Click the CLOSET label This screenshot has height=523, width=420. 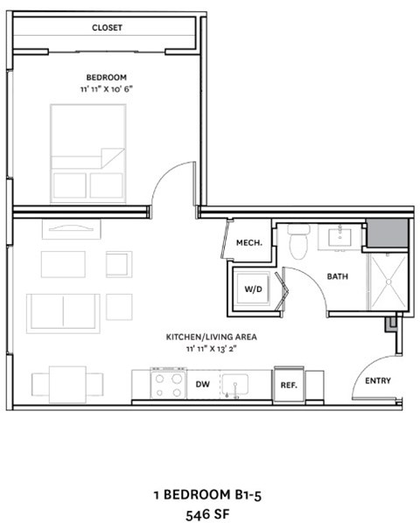click(x=108, y=27)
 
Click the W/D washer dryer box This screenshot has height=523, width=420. click(x=252, y=288)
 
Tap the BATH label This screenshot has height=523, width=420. click(x=338, y=276)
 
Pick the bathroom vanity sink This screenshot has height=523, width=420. click(x=340, y=236)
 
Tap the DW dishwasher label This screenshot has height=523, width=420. click(x=202, y=383)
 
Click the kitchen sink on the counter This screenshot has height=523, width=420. click(x=234, y=383)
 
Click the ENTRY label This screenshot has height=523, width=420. click(x=378, y=380)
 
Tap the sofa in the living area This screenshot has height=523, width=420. click(x=62, y=309)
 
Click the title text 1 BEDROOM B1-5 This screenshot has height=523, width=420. click(x=206, y=494)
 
